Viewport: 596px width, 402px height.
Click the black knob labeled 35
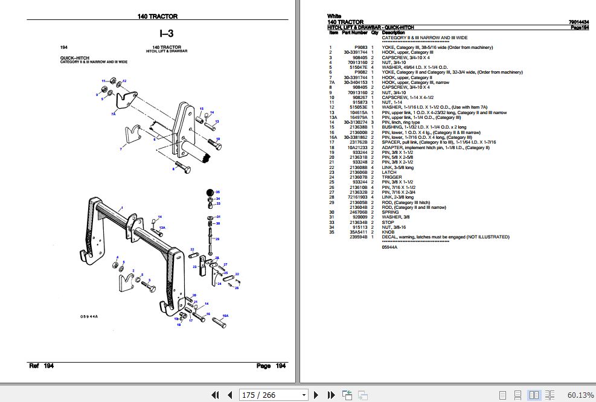210,193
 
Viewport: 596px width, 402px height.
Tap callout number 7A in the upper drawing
113,113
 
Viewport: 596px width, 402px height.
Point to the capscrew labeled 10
213,143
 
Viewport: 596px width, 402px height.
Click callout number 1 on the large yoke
122,208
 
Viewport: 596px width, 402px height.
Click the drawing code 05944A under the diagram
88,316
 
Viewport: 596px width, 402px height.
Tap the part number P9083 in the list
361,47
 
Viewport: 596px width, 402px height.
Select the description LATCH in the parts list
389,172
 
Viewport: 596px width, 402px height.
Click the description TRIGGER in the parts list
391,177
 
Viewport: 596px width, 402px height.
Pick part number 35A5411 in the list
359,232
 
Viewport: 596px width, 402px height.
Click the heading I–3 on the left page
167,33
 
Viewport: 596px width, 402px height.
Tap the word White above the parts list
334,16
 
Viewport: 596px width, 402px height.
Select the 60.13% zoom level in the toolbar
580,395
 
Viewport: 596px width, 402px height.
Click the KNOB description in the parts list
389,232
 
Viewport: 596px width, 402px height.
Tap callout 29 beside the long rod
217,240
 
